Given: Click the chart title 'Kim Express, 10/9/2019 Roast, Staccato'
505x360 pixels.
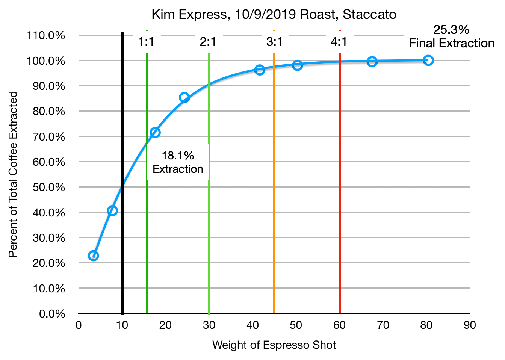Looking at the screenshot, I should (x=274, y=15).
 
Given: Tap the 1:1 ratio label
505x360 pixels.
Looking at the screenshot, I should (x=146, y=42).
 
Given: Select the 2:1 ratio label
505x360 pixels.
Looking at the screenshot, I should (x=208, y=42).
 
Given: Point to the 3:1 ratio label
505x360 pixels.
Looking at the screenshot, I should (x=274, y=42).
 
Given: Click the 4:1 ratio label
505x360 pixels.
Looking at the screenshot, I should (x=339, y=42).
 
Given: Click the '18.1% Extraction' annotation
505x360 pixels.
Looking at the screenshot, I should (x=178, y=162).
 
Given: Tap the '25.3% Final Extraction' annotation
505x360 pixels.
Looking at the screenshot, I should (x=451, y=36).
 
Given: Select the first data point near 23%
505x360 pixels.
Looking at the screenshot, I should (x=94, y=256).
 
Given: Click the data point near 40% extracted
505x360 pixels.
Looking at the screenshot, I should (x=112, y=210).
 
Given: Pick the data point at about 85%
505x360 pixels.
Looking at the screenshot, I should (x=184, y=98).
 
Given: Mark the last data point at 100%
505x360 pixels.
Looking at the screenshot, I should (x=428, y=60).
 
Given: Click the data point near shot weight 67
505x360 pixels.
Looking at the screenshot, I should (x=372, y=62).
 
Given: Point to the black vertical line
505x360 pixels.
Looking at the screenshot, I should (x=122, y=244).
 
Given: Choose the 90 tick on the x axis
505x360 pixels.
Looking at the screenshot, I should (x=470, y=325).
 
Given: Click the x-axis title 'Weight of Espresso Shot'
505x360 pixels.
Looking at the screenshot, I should (x=274, y=345).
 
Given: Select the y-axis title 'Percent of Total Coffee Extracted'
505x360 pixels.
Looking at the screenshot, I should (x=13, y=174).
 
